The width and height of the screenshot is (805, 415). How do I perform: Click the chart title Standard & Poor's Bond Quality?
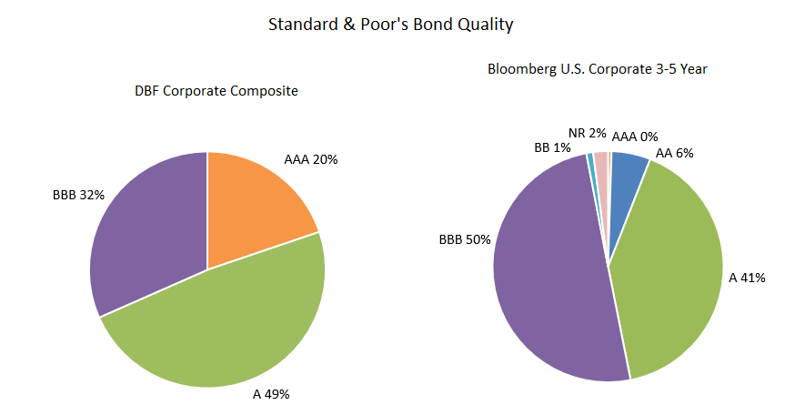point(390,25)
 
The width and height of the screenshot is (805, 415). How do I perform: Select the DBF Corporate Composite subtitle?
point(216,91)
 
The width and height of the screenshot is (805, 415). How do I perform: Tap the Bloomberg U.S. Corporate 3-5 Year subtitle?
point(598,68)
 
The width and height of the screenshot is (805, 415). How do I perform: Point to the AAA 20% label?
point(311,159)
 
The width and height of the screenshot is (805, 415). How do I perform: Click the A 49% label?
point(271,394)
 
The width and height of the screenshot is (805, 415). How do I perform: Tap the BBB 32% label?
point(79,194)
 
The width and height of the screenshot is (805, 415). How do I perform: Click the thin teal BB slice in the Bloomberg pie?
point(591,162)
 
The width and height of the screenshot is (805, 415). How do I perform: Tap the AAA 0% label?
point(635,137)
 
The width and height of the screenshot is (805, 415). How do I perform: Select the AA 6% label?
point(675,153)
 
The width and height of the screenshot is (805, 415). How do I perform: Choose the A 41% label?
point(748,277)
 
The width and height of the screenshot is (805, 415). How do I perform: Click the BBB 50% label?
point(465,239)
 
